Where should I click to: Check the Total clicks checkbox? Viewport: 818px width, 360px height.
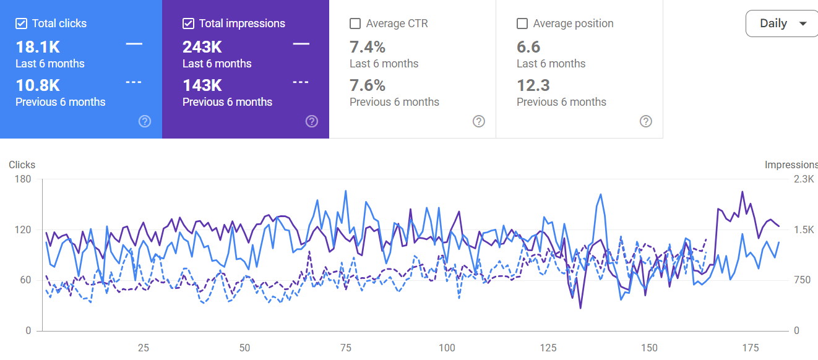pos(21,24)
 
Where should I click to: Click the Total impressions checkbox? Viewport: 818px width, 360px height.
pos(188,24)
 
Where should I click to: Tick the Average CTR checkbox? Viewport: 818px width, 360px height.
pos(355,24)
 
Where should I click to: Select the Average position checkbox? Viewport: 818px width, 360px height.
pos(522,24)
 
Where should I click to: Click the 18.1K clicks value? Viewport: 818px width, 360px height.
pos(38,47)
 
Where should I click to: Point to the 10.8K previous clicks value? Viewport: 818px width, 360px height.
pos(38,85)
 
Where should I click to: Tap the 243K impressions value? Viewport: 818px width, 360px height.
pos(202,47)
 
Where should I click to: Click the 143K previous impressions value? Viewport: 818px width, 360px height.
pos(202,85)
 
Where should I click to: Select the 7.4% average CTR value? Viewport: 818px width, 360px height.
pos(368,47)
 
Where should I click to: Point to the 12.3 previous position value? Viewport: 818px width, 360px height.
pos(533,85)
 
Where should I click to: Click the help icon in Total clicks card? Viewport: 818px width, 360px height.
pos(145,121)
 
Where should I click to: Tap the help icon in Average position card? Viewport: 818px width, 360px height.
pos(646,121)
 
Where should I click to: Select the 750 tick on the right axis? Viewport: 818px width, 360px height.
pos(803,280)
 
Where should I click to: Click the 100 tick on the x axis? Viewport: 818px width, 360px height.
pos(447,348)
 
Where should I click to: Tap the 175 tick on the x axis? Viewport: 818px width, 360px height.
pos(750,348)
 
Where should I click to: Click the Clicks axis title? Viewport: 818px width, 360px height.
pos(22,165)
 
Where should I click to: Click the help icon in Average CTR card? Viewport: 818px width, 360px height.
pos(479,121)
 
